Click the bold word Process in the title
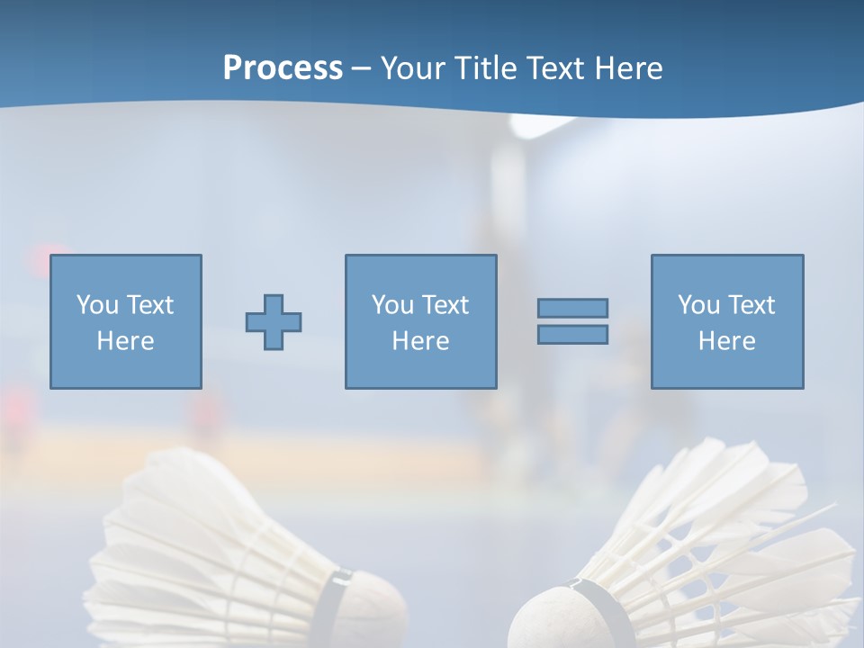coord(283,68)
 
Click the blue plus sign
coord(274,322)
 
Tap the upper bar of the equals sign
coord(572,308)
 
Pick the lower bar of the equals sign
coord(572,334)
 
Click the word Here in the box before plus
coord(125,341)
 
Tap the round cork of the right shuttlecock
coord(545,621)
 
